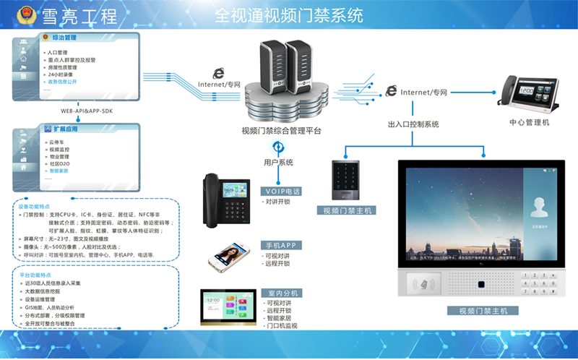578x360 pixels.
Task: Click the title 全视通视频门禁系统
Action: pyautogui.click(x=288, y=14)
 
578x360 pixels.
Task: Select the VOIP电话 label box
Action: pyautogui.click(x=280, y=191)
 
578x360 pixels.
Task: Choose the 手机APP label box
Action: pyautogui.click(x=280, y=245)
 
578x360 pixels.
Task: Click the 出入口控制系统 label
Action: pyautogui.click(x=413, y=124)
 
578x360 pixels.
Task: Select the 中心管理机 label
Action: pyautogui.click(x=529, y=122)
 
